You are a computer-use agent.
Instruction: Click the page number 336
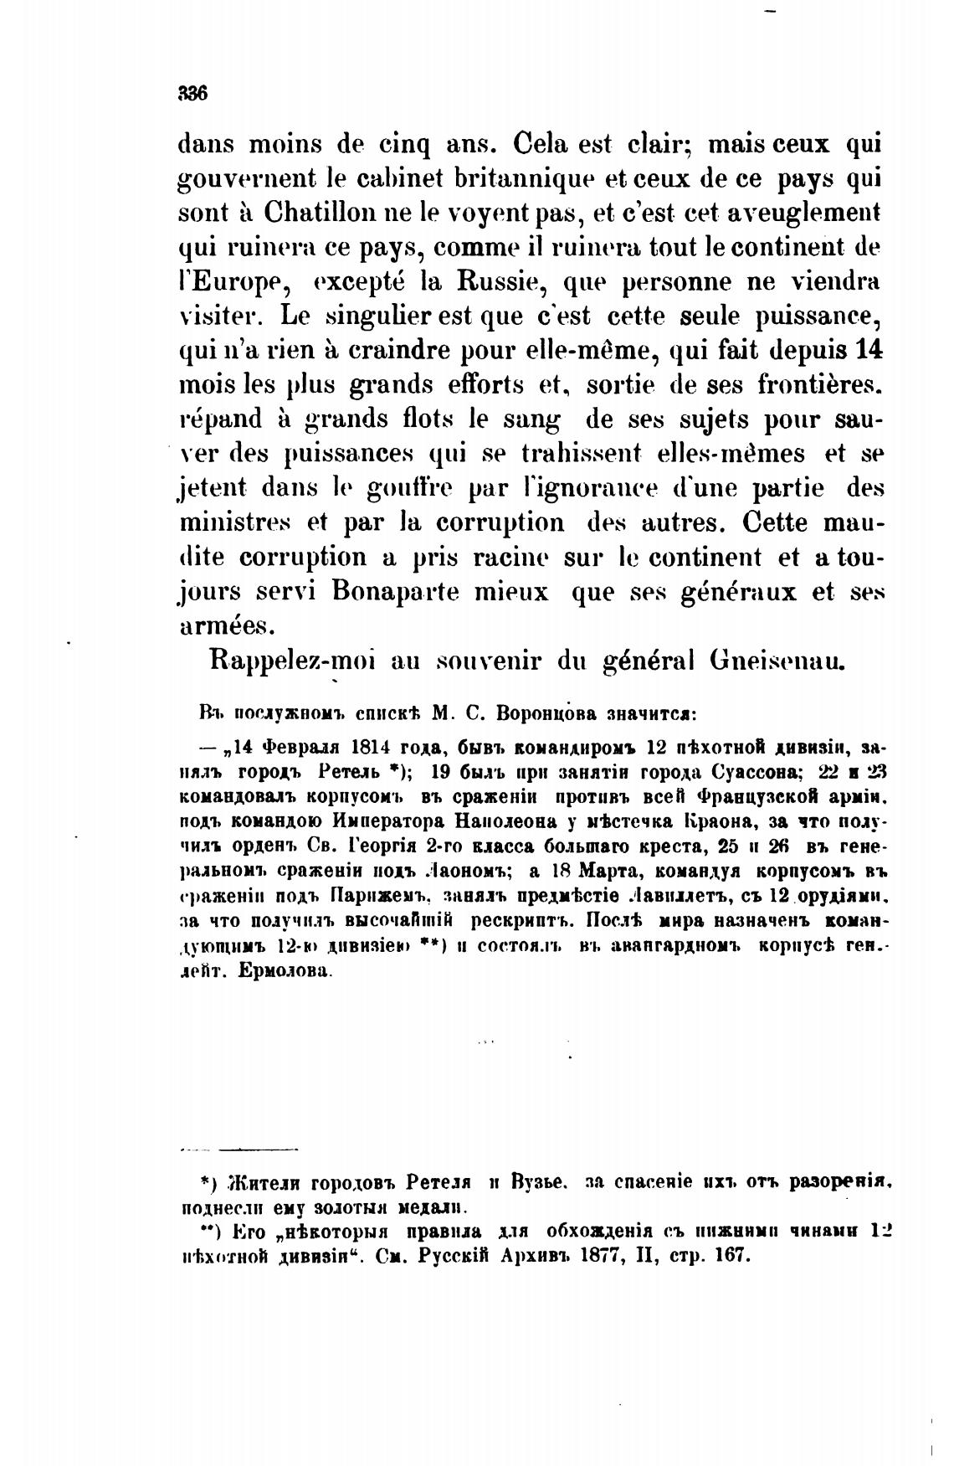click(192, 94)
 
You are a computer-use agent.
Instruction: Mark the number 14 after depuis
click(870, 350)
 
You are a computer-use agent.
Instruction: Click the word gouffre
click(397, 487)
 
